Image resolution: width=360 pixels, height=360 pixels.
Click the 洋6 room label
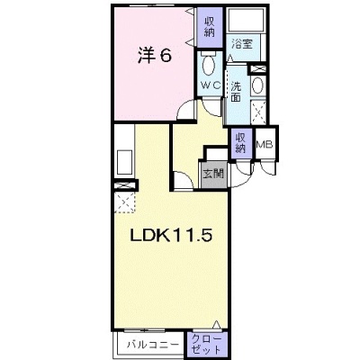(155, 56)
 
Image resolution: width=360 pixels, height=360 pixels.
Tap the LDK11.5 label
(171, 236)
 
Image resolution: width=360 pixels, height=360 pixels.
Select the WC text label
(211, 85)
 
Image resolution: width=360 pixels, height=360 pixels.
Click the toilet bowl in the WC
(208, 66)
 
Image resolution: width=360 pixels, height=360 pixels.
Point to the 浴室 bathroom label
(242, 45)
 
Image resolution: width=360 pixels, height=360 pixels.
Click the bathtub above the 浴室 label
(246, 20)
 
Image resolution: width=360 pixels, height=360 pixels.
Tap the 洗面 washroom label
(236, 92)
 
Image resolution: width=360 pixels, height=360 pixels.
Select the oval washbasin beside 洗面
(257, 85)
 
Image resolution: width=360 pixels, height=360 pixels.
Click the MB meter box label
(265, 145)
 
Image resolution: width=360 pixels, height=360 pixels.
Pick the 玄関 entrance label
(213, 174)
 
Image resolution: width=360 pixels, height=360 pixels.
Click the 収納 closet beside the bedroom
(210, 27)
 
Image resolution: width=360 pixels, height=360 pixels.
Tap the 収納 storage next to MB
(241, 143)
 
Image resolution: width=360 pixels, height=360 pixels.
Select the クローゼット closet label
(206, 344)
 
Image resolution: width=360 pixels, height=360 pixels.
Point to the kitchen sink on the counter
(124, 162)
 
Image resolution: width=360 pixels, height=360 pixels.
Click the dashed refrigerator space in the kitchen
(124, 202)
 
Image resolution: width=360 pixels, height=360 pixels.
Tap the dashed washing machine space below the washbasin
(258, 112)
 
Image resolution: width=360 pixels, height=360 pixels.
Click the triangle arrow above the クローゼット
(216, 325)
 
